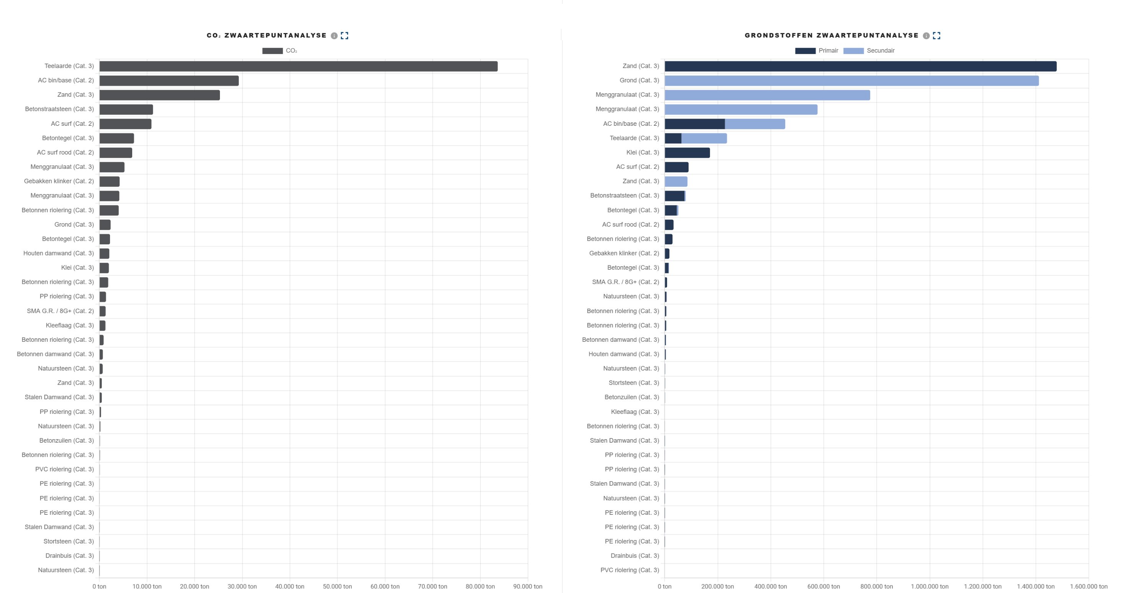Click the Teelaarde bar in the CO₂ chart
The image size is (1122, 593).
[299, 66]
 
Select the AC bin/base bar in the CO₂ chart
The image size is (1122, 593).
[169, 81]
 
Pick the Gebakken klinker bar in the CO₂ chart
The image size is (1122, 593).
[109, 181]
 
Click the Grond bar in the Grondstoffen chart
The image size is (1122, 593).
[851, 81]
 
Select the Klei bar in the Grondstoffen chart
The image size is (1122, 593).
[687, 153]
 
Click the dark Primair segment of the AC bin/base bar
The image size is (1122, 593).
[695, 124]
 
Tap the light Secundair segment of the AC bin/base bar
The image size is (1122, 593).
[755, 124]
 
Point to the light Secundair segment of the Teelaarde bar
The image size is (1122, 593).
[704, 138]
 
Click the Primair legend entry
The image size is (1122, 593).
[817, 51]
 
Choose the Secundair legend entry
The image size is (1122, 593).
[869, 51]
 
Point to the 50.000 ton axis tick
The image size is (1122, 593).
[337, 586]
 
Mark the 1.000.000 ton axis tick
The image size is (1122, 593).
[930, 586]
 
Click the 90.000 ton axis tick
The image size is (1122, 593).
[527, 586]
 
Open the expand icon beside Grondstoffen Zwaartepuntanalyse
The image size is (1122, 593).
[937, 36]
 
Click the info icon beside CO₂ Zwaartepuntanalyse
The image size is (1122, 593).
[334, 36]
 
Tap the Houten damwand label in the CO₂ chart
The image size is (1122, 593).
[58, 253]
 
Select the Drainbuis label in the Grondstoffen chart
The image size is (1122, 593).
[635, 556]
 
